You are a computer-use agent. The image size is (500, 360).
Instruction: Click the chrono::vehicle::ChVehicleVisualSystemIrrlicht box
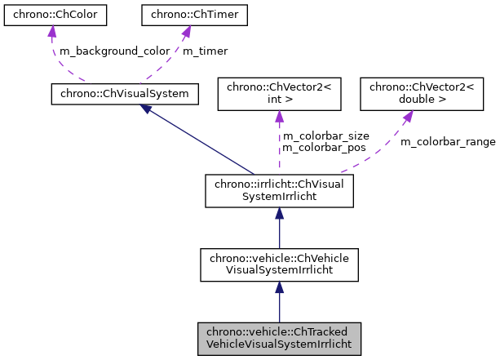coord(279,265)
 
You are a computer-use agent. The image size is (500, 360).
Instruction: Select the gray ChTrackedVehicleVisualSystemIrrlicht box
coord(279,338)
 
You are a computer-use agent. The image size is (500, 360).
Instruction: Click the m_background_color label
coord(115,51)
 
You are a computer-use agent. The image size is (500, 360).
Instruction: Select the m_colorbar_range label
coord(447,141)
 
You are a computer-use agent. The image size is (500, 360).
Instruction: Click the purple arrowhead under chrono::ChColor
coord(51,32)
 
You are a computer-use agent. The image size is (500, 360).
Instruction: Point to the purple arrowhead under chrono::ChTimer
coord(185,32)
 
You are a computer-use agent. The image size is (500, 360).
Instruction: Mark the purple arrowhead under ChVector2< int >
coord(279,117)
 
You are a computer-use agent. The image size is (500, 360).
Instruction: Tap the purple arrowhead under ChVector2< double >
coord(405,117)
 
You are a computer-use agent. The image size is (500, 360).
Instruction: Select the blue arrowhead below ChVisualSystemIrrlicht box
coord(279,214)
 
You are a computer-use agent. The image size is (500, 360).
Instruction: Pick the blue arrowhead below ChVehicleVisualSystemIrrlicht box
coord(279,287)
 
